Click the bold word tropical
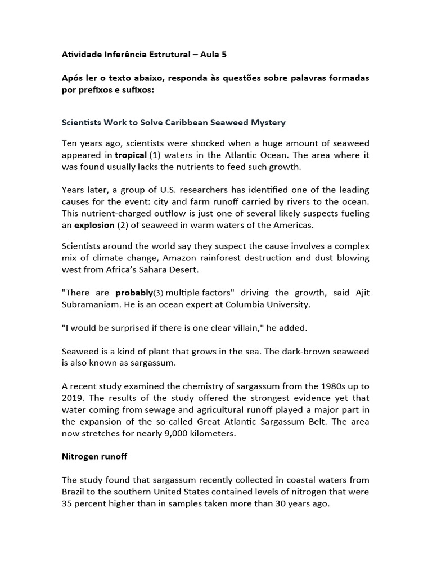tap(130, 155)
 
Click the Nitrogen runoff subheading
tap(94, 456)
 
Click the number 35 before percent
tap(67, 503)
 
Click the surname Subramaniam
tap(93, 304)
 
